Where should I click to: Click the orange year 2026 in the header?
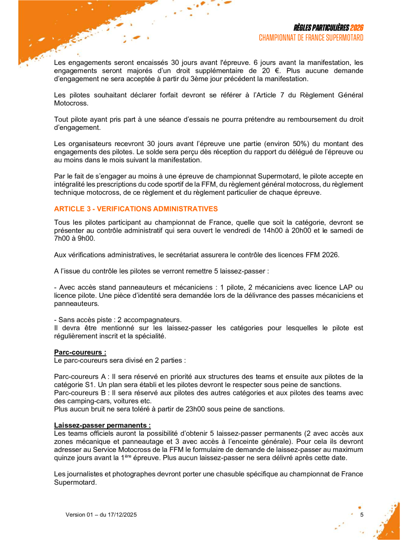pos(356,28)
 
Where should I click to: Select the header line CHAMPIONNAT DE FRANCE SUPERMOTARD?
pos(311,38)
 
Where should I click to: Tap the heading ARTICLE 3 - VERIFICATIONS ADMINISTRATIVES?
pos(136,209)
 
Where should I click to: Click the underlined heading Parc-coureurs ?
pos(80,352)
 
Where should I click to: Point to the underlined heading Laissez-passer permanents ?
pos(102,425)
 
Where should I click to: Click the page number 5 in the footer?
pos(362,515)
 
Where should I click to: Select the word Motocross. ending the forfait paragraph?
pos(71,103)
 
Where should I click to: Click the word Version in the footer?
pos(75,515)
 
